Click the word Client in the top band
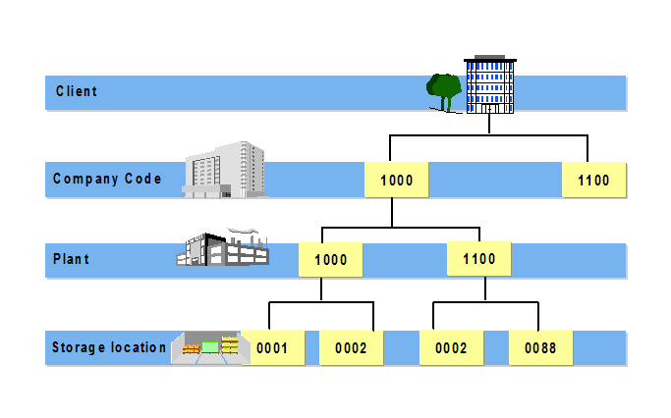[x=76, y=92]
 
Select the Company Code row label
[x=106, y=180]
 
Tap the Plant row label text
[x=71, y=260]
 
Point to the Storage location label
[x=108, y=347]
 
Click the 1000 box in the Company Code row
[x=396, y=181]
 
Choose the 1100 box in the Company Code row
[x=593, y=181]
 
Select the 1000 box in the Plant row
[x=330, y=261]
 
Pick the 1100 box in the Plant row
[x=478, y=260]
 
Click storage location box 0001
[x=272, y=348]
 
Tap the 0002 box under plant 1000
[x=351, y=348]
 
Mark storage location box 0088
[x=540, y=348]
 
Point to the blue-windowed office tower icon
[x=489, y=83]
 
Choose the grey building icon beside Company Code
[x=225, y=170]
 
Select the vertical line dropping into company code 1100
[x=587, y=148]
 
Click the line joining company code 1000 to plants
[x=392, y=213]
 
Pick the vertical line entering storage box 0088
[x=537, y=316]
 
